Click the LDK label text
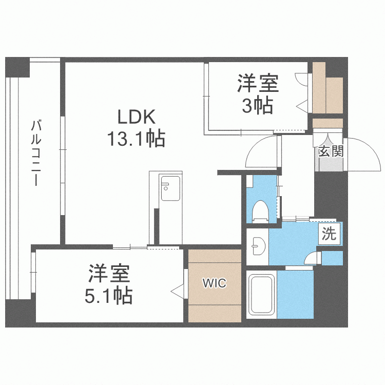pyautogui.click(x=137, y=117)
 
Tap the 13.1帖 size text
pyautogui.click(x=136, y=138)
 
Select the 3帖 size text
pyautogui.click(x=257, y=105)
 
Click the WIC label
pyautogui.click(x=214, y=283)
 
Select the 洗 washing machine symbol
pyautogui.click(x=329, y=235)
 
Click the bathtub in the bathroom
pyautogui.click(x=262, y=295)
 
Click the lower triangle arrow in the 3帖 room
pyautogui.click(x=302, y=105)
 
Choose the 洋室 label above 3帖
pyautogui.click(x=257, y=84)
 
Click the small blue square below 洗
pyautogui.click(x=333, y=258)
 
